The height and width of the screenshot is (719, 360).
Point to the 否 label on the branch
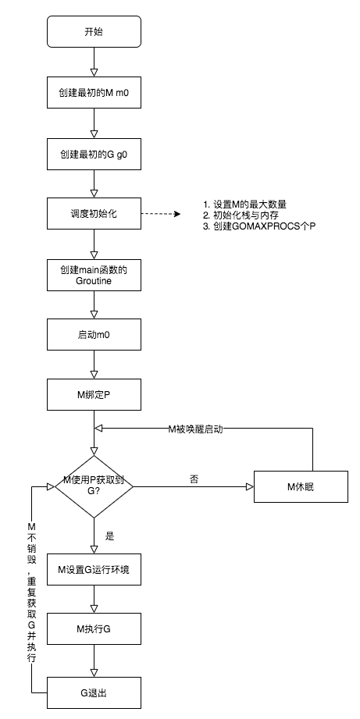[194, 478]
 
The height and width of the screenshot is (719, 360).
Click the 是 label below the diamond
[109, 537]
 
